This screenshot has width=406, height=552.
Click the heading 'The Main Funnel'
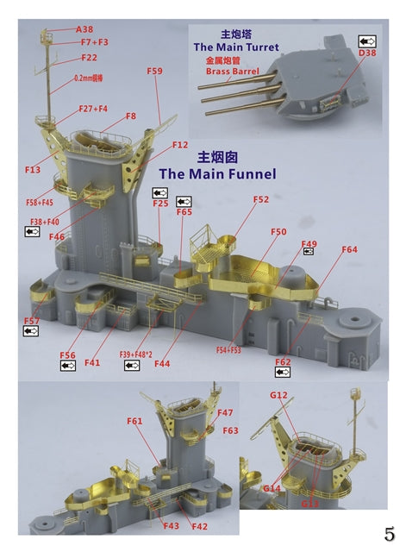(x=217, y=174)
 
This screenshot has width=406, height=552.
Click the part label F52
(x=260, y=199)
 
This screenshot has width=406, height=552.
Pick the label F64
(x=348, y=249)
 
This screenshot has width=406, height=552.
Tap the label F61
(x=134, y=421)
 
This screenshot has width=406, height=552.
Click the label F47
(x=226, y=413)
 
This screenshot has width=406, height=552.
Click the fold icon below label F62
(x=281, y=373)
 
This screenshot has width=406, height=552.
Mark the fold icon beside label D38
(x=366, y=40)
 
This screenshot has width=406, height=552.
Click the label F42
(x=199, y=526)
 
